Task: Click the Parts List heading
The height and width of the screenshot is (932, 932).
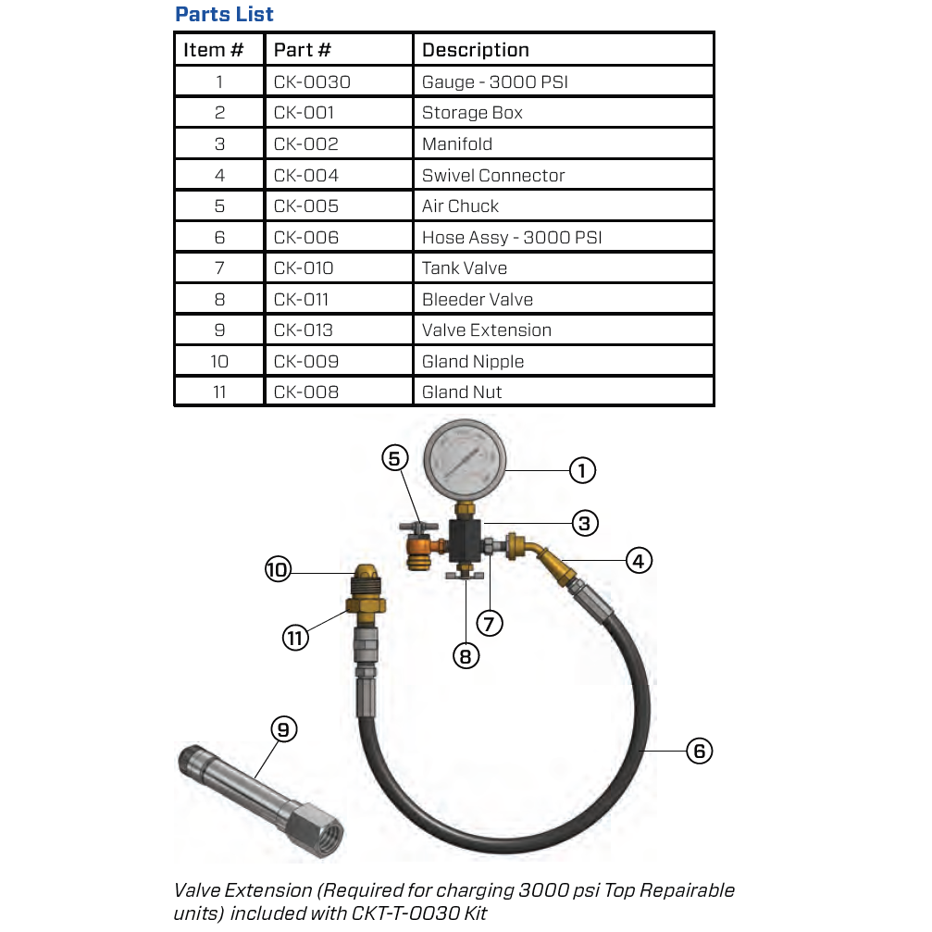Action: point(224,15)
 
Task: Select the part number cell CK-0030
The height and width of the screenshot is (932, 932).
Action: point(312,82)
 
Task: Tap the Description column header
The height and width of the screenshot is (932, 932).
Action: point(475,50)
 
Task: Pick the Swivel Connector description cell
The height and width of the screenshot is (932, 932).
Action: point(492,175)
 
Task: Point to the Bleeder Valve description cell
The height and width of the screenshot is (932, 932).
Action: point(477,299)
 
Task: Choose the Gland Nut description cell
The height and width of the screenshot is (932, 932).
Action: point(462,392)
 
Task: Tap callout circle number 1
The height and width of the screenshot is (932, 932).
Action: point(582,471)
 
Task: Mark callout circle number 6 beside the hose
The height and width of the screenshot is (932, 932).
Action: point(699,751)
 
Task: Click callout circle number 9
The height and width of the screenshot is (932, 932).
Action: point(283,730)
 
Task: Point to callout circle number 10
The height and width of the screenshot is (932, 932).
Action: point(278,570)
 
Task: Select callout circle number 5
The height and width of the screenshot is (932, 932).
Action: point(395,458)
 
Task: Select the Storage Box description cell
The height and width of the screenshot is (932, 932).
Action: point(472,113)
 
